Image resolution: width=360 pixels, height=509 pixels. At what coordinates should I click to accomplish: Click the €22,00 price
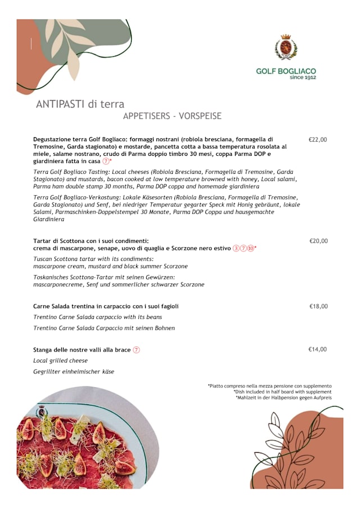click(x=318, y=139)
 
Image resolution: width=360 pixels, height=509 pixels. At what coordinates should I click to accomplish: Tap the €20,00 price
click(x=318, y=241)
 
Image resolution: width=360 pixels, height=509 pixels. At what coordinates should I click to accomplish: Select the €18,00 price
click(x=318, y=307)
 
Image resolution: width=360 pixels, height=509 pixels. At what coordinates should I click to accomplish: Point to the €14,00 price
click(x=317, y=349)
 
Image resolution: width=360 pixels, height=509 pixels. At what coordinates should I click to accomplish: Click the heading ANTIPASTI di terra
click(x=80, y=104)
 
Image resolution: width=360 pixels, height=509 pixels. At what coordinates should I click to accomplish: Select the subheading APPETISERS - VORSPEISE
click(x=172, y=116)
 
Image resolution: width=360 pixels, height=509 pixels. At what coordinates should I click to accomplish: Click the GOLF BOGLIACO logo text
click(x=286, y=71)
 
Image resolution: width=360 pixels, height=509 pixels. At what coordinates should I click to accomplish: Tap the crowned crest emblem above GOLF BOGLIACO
click(x=286, y=47)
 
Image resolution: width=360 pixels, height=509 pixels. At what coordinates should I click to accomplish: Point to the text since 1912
click(x=303, y=78)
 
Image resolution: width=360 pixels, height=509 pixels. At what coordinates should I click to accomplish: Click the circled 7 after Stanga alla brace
click(x=136, y=350)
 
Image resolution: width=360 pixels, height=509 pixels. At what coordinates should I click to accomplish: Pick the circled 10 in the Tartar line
click(x=250, y=248)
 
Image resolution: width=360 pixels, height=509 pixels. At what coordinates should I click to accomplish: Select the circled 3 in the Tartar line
click(x=236, y=248)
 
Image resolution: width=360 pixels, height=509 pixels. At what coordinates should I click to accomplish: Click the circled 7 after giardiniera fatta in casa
click(x=106, y=161)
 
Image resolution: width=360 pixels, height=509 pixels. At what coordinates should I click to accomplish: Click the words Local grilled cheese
click(x=60, y=361)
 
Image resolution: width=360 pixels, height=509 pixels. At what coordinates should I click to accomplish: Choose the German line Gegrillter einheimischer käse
click(x=74, y=372)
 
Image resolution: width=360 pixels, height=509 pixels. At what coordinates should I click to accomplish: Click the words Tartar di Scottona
click(x=62, y=241)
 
